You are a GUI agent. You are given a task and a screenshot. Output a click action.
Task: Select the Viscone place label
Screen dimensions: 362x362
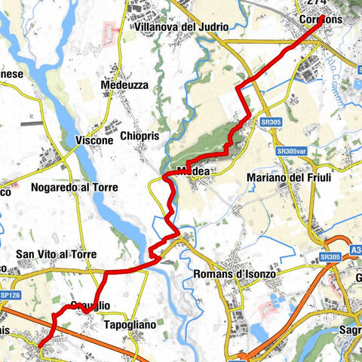(x=94, y=141)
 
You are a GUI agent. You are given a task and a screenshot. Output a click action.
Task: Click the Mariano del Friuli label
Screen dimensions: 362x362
(x=286, y=178)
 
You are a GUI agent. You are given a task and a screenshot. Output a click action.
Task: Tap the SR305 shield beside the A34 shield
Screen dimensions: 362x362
(x=330, y=257)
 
